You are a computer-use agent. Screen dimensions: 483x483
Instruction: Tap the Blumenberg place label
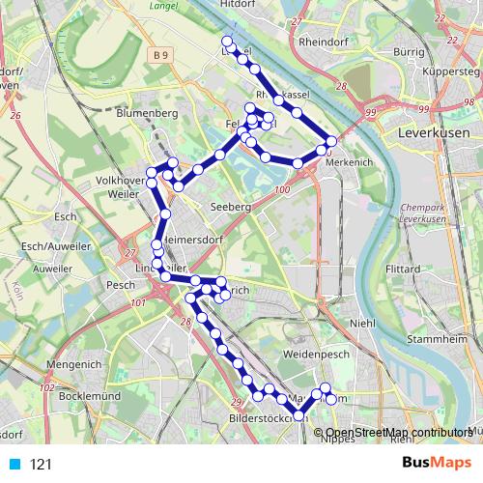[x=145, y=113]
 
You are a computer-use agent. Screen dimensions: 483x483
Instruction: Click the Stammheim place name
[x=431, y=340]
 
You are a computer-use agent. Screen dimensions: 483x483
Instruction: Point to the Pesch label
[x=122, y=285]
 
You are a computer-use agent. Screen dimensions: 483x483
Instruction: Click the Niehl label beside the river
[x=362, y=324]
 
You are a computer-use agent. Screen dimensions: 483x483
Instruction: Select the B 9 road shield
[x=160, y=57]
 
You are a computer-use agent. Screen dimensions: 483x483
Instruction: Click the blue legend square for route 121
[x=14, y=465]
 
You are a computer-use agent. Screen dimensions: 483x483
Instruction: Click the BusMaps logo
[x=435, y=464]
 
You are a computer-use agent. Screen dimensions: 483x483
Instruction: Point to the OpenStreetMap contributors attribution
[x=398, y=433]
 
